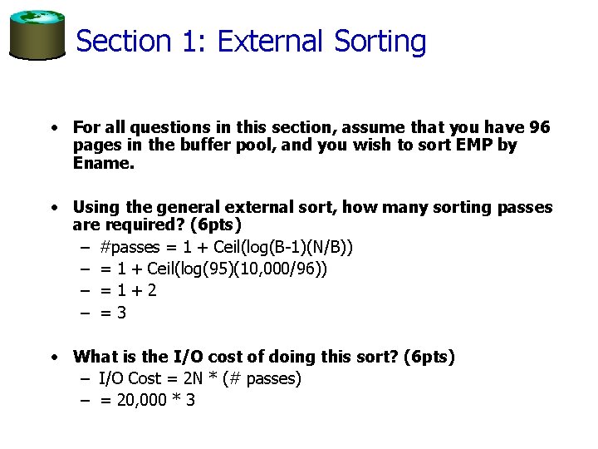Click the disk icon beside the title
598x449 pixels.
pyautogui.click(x=37, y=34)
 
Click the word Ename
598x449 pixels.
pyautogui.click(x=103, y=163)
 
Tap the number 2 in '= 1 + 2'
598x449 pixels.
pyautogui.click(x=151, y=290)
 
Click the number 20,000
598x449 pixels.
pyautogui.click(x=141, y=400)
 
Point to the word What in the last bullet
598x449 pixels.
pyautogui.click(x=96, y=357)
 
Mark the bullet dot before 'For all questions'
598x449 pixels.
pyautogui.click(x=51, y=128)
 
